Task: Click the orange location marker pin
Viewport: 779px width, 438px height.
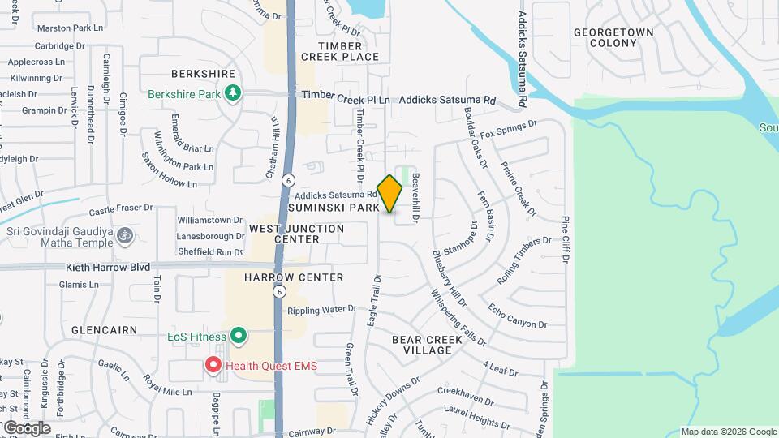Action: pos(390,193)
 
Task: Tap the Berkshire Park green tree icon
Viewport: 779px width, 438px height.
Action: pos(232,93)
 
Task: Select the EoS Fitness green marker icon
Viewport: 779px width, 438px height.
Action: pos(238,335)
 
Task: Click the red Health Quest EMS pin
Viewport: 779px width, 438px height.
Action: pos(213,365)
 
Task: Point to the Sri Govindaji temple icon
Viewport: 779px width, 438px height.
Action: pos(124,236)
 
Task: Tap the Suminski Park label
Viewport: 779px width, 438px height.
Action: pos(345,208)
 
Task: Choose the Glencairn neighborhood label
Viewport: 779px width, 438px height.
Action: pos(101,331)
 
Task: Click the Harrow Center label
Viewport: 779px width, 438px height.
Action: pos(294,277)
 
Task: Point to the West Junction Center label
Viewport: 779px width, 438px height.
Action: pos(296,234)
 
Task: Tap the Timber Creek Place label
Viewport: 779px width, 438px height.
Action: pos(340,51)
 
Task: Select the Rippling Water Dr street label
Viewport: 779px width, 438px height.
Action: pos(321,309)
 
